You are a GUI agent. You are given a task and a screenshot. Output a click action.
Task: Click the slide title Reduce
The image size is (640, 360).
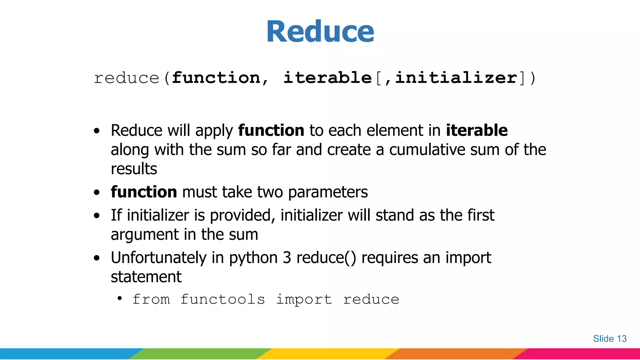pos(320,32)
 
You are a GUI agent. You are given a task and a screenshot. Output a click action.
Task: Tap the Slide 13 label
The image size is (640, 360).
pos(610,339)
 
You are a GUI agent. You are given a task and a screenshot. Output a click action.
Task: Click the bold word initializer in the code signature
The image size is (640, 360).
pos(456,78)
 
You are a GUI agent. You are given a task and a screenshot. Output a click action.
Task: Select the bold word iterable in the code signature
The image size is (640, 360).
pos(327,78)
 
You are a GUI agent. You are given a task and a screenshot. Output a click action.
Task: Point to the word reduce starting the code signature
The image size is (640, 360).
pos(127,78)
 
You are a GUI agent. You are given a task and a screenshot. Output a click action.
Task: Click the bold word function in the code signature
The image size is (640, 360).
pos(216,78)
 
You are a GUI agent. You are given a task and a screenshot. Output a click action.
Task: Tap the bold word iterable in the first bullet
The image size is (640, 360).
pos(477,130)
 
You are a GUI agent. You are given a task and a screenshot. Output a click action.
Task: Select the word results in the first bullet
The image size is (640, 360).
pos(134,169)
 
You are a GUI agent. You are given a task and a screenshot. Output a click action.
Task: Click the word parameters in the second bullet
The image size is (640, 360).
pos(328,192)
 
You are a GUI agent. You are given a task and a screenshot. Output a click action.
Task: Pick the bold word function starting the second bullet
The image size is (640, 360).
pos(144,192)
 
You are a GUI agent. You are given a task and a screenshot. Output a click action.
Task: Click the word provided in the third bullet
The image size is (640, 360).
pos(242,216)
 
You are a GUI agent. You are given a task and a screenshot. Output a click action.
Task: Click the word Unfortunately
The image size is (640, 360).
pos(158,258)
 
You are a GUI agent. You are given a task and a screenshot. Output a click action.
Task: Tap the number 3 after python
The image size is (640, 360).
pos(287,258)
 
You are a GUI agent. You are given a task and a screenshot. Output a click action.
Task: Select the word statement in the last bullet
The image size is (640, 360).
pos(146,277)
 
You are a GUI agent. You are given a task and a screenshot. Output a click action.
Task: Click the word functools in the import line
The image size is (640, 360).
pos(223,300)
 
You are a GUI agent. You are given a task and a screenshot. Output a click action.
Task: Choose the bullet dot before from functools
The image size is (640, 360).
pos(120,298)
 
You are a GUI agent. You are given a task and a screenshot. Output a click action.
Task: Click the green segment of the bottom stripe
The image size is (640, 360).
pos(200,354)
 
